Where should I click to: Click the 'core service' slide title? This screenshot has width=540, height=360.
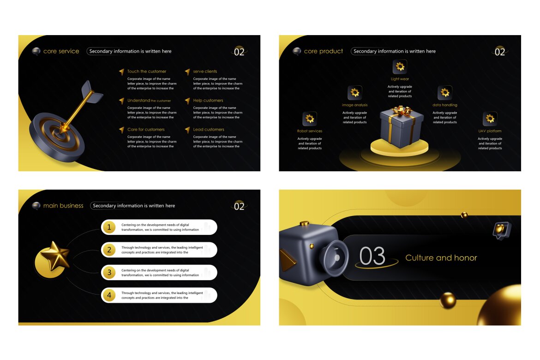[x=61, y=51]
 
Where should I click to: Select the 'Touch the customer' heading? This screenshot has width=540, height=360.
[x=147, y=72]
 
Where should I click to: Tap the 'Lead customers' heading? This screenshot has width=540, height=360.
[x=209, y=130]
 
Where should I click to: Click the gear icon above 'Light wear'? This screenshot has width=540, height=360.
[x=400, y=67]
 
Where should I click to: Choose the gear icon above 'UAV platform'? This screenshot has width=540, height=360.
[x=490, y=119]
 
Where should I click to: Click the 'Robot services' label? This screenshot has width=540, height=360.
[x=310, y=131]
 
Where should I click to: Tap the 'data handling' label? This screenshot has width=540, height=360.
[x=444, y=105]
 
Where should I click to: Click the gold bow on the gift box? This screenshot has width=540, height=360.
[x=400, y=111]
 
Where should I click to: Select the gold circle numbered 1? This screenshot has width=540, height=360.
[x=109, y=227]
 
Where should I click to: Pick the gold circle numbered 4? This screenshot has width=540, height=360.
[x=109, y=295]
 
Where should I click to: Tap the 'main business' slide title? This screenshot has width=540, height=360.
[x=63, y=206]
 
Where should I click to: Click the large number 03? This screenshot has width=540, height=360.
[x=372, y=257]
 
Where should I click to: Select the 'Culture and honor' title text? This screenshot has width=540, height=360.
[x=441, y=258]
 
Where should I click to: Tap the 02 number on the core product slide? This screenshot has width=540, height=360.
[x=500, y=52]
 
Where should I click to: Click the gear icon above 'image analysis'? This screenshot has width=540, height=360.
[x=354, y=93]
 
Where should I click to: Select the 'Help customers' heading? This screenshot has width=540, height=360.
[x=208, y=101]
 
